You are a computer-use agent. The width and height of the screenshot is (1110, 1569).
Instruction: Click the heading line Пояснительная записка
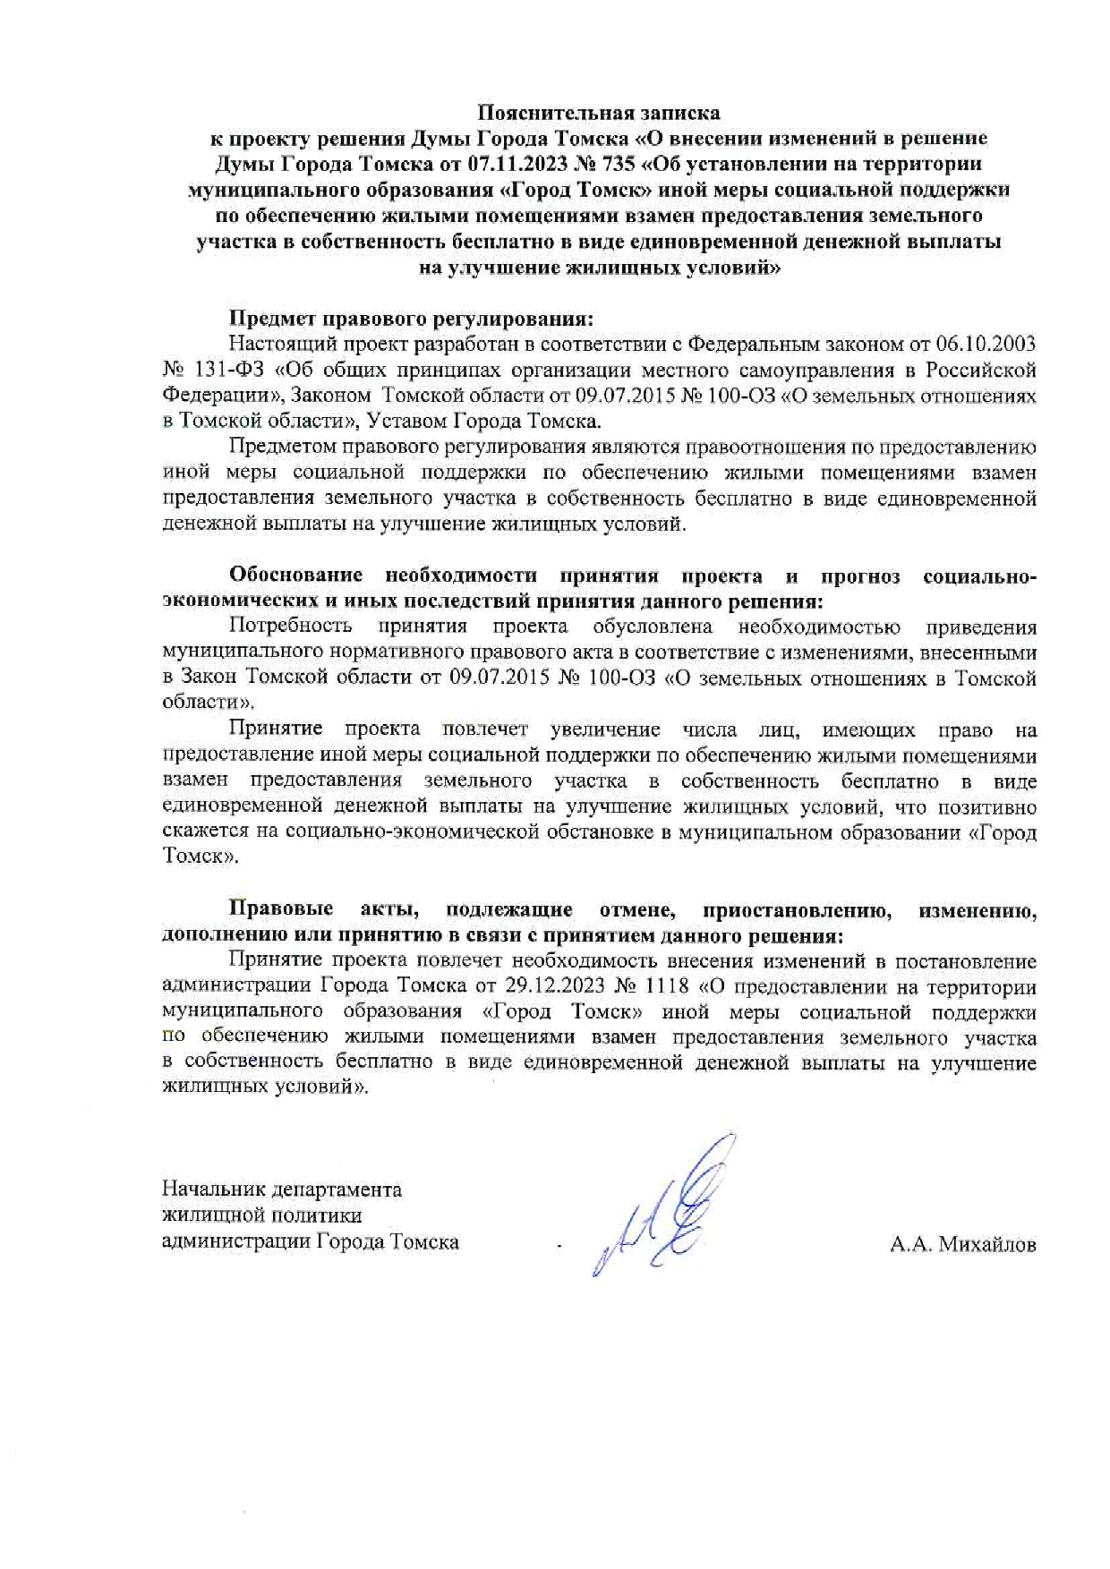click(x=598, y=113)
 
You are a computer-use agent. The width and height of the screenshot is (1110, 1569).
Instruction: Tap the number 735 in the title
click(x=618, y=164)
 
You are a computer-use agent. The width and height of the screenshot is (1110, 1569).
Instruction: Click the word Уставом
click(x=407, y=422)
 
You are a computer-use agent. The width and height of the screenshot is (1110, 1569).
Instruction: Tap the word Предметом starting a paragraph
click(x=277, y=448)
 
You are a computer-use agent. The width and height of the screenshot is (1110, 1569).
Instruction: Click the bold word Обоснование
click(x=295, y=576)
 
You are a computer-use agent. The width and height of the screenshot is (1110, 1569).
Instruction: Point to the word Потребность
click(x=290, y=627)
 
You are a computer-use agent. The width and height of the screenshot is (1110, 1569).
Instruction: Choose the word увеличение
click(x=605, y=729)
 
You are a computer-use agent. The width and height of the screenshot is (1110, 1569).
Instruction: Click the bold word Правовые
click(x=281, y=910)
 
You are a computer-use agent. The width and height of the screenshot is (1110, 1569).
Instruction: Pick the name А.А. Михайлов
click(x=962, y=1244)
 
